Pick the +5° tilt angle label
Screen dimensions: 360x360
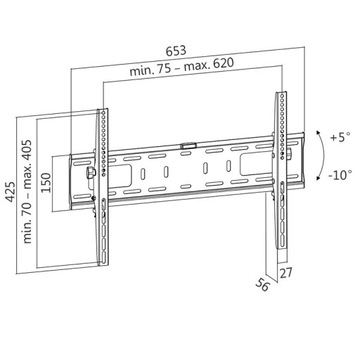(341, 135)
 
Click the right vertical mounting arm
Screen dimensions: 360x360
(281, 160)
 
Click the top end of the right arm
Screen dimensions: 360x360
(279, 93)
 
